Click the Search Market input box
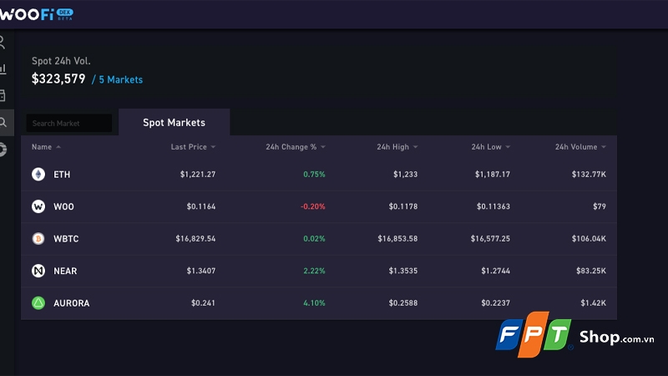pos(68,123)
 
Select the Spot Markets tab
pos(174,122)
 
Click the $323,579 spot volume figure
pos(58,79)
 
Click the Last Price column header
pos(189,147)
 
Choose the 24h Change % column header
pos(291,147)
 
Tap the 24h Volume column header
pos(576,147)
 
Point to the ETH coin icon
pos(38,174)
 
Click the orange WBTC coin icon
pos(38,238)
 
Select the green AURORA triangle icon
pos(38,302)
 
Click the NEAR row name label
pos(66,271)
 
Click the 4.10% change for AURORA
pos(314,302)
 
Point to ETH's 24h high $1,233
pos(405,174)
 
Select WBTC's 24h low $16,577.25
pos(490,238)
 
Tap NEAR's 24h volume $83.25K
pos(590,271)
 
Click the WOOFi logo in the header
pos(38,13)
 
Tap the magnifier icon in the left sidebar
pos(4,122)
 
